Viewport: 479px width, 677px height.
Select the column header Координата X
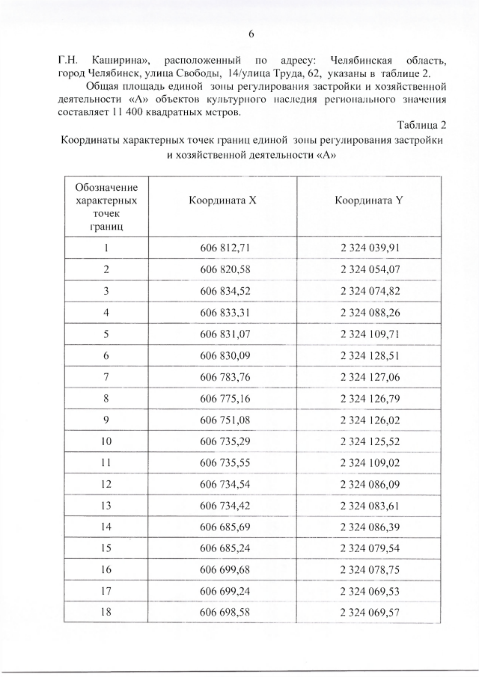[x=223, y=201]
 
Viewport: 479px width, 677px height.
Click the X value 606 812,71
[x=223, y=248]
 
